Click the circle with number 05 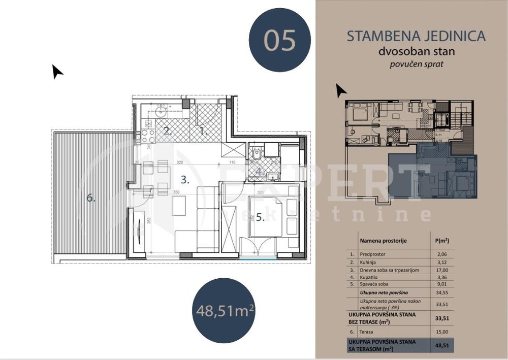point(279,40)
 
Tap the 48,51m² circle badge point(223,309)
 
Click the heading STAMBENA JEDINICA point(416,36)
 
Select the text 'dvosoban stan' point(416,51)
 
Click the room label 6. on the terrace point(91,198)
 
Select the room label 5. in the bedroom point(260,217)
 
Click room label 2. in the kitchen point(167,130)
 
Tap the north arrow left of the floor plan point(57,72)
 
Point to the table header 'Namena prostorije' point(383,241)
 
